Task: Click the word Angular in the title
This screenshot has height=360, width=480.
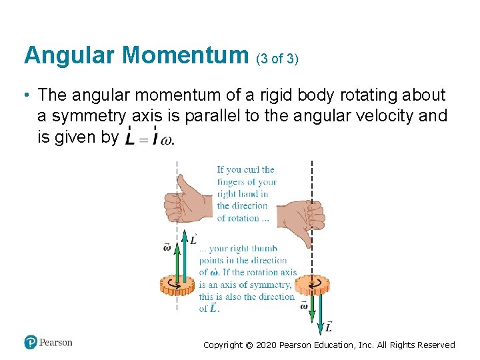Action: pos(70,55)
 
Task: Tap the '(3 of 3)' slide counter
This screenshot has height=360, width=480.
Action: pos(277,59)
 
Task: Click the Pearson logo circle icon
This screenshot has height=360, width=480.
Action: pos(30,342)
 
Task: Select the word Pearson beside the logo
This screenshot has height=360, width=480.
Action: pos(56,343)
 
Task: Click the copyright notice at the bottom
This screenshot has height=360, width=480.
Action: pos(329,345)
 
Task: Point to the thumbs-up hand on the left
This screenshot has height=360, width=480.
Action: pos(189,201)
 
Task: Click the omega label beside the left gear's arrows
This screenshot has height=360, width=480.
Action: pos(167,247)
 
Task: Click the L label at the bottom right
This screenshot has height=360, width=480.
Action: pos(329,326)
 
